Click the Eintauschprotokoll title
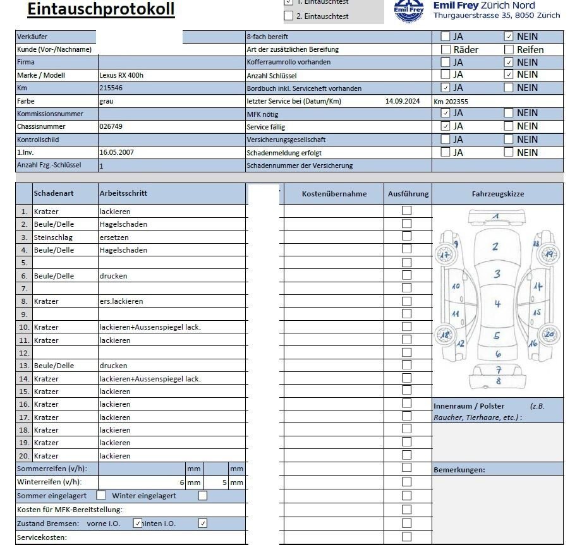[x=101, y=9]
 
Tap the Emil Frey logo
[x=409, y=11]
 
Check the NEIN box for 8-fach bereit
[x=509, y=36]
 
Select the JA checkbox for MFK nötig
[x=446, y=113]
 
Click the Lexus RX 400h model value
[x=121, y=75]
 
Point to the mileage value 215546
[x=111, y=88]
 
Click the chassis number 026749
[x=111, y=126]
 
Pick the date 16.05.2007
[x=116, y=152]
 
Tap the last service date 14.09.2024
[x=403, y=101]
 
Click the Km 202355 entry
[x=451, y=101]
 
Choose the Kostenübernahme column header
[x=334, y=194]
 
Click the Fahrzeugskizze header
[x=497, y=194]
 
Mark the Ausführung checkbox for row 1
[x=406, y=210]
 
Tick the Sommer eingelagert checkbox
[x=100, y=496]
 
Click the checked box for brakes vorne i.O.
[x=138, y=524]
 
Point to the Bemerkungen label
[x=459, y=470]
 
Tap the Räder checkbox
[x=446, y=49]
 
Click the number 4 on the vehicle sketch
[x=497, y=304]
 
